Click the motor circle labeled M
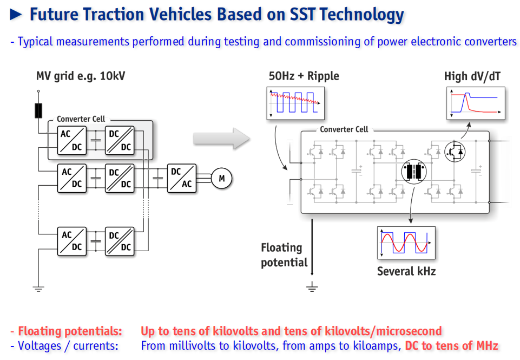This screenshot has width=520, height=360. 221,178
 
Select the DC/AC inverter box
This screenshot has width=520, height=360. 181,178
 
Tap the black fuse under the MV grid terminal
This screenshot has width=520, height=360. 38,111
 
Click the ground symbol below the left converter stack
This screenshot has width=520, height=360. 38,289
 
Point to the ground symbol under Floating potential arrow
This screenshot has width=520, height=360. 312,287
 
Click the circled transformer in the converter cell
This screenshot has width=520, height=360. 414,172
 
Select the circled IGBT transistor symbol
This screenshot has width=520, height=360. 455,152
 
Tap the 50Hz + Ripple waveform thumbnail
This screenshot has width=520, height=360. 295,103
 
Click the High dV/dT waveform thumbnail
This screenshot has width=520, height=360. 476,103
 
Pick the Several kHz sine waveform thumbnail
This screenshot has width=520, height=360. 406,243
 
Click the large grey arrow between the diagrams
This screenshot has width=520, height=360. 221,139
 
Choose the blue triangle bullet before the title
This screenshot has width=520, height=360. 16,14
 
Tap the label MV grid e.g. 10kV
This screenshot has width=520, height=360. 81,76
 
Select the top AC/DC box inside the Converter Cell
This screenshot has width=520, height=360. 71,140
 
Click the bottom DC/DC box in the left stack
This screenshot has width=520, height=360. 120,241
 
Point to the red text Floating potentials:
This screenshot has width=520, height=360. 70,331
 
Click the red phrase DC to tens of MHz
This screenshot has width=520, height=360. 452,346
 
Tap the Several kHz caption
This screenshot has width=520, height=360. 406,271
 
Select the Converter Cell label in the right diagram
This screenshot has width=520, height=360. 344,129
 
